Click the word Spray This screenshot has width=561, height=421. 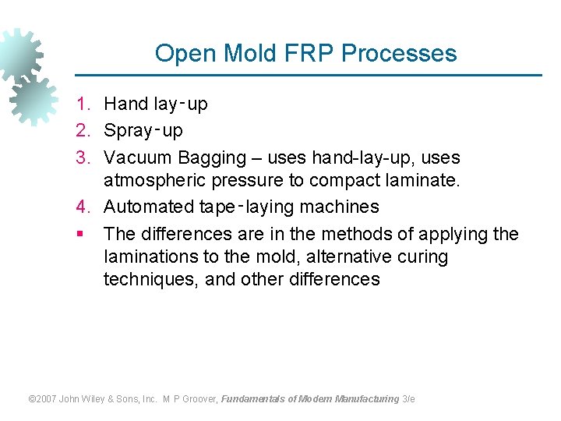(x=128, y=131)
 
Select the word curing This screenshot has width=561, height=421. (x=422, y=256)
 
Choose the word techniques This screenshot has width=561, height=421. (x=151, y=279)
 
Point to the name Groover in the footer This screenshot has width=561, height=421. (x=199, y=399)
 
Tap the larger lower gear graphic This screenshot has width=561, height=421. (x=33, y=101)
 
